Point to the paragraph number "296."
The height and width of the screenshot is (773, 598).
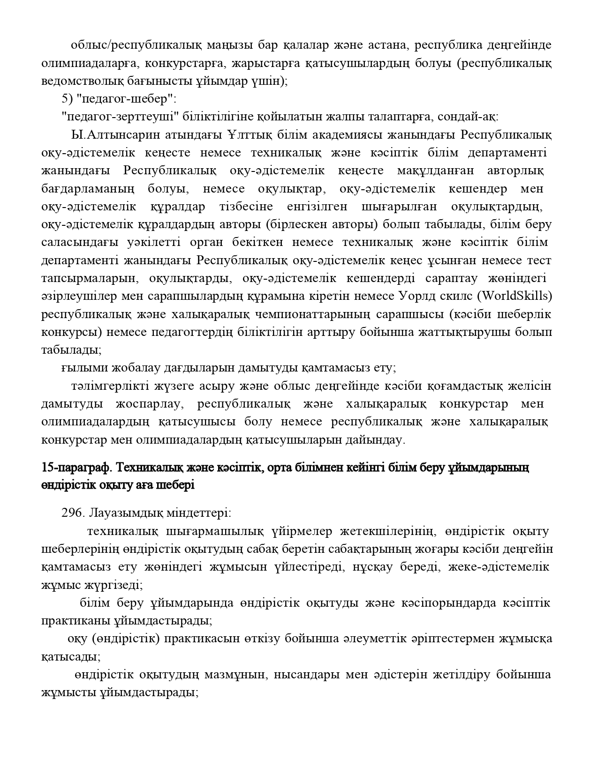coord(73,513)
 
